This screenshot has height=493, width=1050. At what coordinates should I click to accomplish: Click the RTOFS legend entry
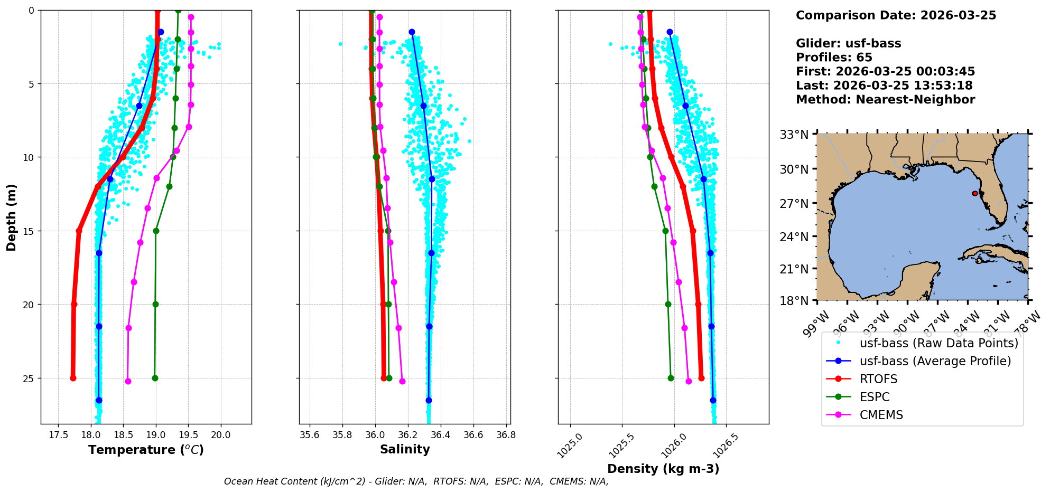coord(878,379)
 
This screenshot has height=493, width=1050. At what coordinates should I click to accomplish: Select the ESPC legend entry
coord(875,397)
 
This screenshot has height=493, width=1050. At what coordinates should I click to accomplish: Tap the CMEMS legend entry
coord(881,415)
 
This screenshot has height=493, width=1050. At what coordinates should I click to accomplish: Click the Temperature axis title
coord(146,450)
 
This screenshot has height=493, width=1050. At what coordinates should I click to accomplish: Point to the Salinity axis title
coord(405,449)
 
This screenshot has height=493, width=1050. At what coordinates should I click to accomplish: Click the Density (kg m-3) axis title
coord(663,469)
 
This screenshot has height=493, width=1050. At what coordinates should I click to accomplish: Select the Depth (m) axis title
coord(12,217)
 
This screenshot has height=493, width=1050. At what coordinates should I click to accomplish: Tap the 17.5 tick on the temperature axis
coord(58,435)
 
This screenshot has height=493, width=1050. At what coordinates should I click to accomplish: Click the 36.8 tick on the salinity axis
coord(506,435)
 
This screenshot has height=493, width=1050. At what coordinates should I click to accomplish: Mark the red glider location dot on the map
coord(975,193)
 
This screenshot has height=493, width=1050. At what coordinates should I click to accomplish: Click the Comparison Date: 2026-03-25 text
coord(896,15)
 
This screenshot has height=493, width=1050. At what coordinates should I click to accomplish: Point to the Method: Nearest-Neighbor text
coord(885,100)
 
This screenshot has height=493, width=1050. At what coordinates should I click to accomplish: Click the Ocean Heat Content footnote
coord(416,481)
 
